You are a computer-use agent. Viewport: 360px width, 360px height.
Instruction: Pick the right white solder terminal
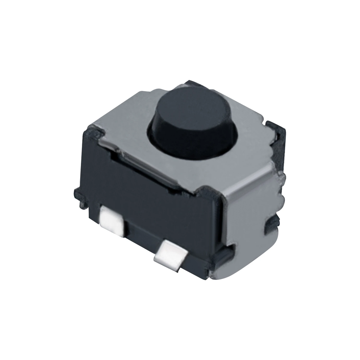[171, 255]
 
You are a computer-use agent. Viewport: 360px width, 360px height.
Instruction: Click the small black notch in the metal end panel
[272, 222]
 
